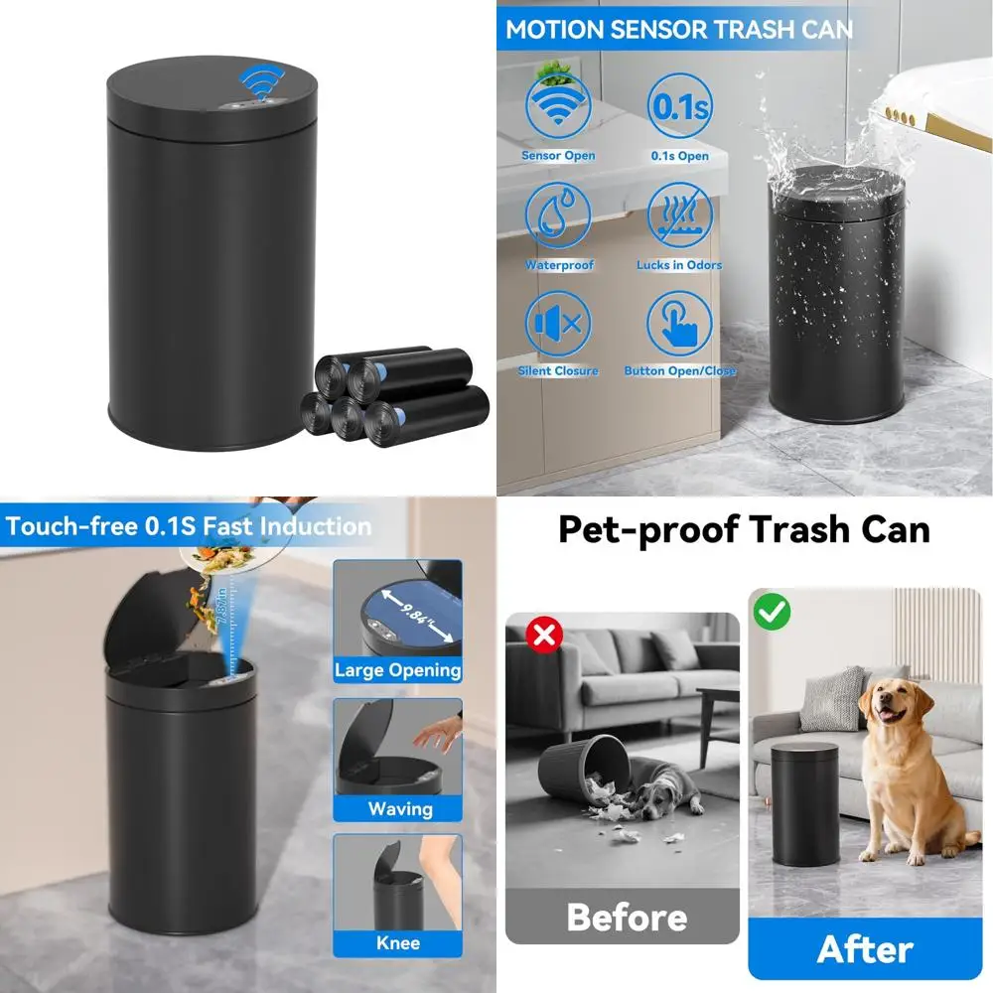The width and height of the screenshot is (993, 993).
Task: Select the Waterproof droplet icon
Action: click(x=559, y=215)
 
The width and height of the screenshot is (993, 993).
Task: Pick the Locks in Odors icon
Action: click(x=680, y=215)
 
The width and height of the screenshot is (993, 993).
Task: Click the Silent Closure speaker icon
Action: click(x=559, y=323)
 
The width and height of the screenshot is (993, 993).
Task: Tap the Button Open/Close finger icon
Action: click(x=680, y=323)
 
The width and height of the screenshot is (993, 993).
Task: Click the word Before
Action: click(x=626, y=917)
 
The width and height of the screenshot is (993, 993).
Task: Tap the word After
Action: click(x=865, y=949)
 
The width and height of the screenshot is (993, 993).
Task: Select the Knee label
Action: click(x=397, y=943)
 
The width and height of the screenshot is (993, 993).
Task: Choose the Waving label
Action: click(x=399, y=808)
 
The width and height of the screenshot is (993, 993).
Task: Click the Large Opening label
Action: click(x=397, y=670)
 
